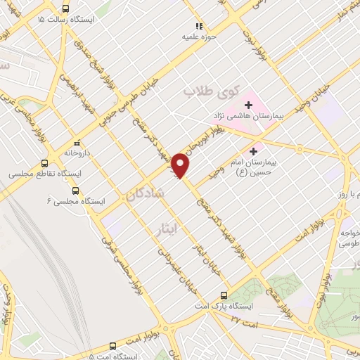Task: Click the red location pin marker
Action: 181,165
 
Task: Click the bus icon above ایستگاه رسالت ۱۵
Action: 65,9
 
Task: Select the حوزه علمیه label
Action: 198,34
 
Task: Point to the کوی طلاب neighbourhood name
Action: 212,92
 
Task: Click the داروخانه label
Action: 78,151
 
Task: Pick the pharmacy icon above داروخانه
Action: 77,141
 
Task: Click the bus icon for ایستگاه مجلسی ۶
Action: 75,191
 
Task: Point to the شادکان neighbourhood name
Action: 145,193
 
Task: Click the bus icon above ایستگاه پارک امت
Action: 224,295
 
